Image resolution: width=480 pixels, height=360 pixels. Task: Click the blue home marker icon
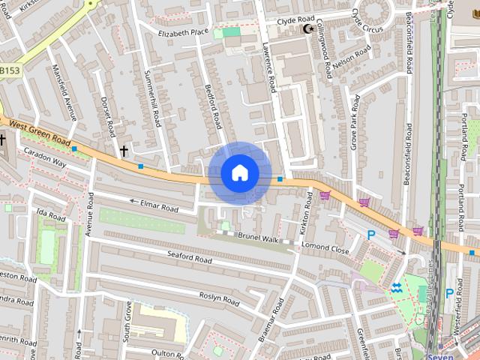click(x=239, y=173)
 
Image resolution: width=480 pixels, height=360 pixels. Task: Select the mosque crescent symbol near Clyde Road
click(x=306, y=29)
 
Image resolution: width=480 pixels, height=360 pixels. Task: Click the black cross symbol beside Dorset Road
click(x=124, y=151)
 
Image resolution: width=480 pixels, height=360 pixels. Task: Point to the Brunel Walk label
click(x=259, y=239)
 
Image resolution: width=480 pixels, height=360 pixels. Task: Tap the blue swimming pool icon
click(x=396, y=288)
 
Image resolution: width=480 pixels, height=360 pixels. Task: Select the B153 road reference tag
click(x=10, y=70)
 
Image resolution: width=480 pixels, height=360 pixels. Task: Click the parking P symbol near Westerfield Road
click(x=449, y=293)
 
